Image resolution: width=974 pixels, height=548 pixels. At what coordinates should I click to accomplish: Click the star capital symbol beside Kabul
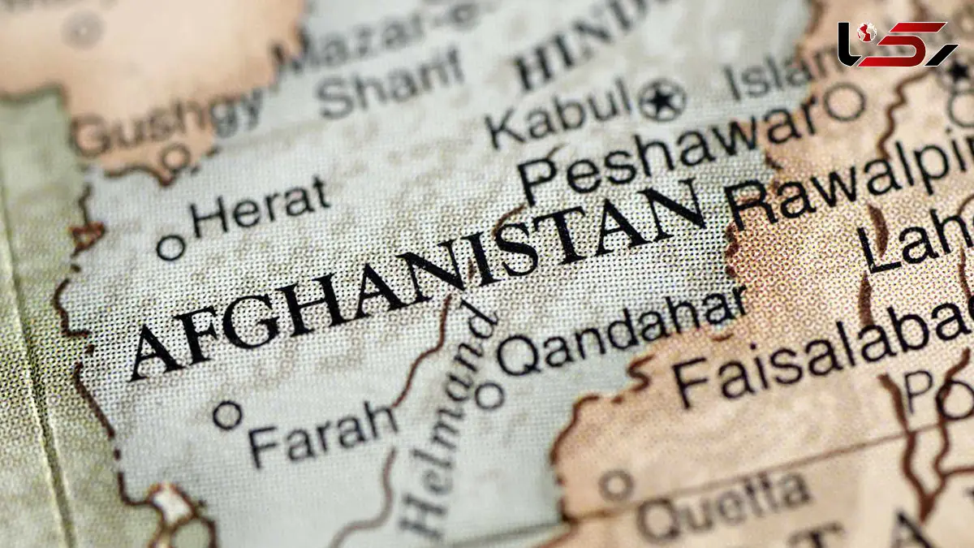[662, 101]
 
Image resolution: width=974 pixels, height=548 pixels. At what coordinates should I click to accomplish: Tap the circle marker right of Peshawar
[844, 104]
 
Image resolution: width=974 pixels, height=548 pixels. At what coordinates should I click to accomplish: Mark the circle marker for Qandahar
[489, 395]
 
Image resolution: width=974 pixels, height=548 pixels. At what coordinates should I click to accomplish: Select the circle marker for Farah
[228, 415]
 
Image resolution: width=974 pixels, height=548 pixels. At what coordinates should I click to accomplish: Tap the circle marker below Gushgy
[175, 155]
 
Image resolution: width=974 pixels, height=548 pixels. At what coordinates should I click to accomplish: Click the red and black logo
[897, 44]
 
